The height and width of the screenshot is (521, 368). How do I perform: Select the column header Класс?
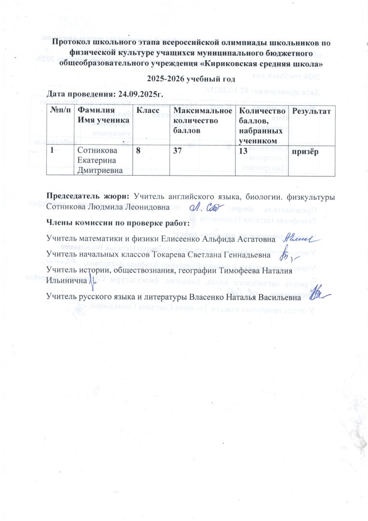[147, 111]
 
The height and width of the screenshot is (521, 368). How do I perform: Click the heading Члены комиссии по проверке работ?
[118, 222]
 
